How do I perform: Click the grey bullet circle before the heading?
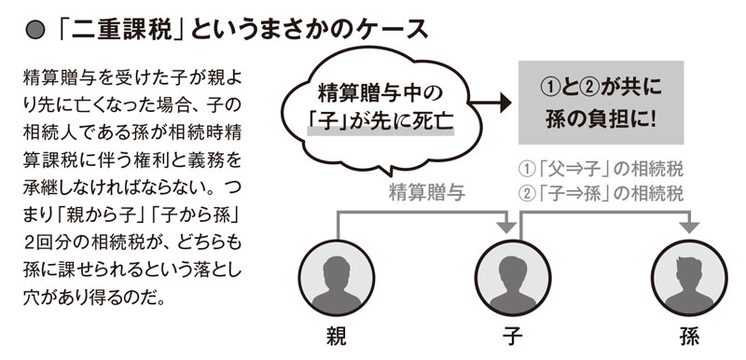coord(35,29)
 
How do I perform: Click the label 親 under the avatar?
coord(334,339)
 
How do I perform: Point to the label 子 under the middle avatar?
coord(510,339)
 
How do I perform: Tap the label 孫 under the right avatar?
coord(690,339)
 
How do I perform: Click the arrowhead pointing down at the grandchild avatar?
coord(690,228)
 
